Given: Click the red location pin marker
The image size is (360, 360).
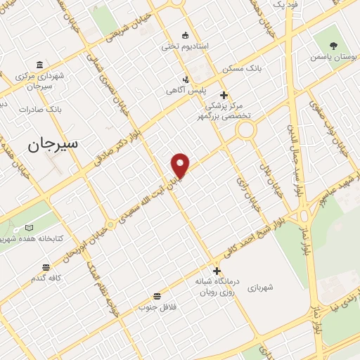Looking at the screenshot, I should click(x=181, y=165).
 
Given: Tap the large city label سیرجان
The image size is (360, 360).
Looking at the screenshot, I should click(x=54, y=146).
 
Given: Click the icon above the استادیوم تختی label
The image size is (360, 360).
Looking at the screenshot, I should click(x=185, y=34).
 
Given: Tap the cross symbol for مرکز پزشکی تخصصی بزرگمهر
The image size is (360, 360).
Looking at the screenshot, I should click(x=224, y=95).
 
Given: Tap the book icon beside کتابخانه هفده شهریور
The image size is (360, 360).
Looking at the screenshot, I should click(x=29, y=228).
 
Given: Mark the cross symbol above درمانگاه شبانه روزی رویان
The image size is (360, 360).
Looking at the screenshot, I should click(x=217, y=270).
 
